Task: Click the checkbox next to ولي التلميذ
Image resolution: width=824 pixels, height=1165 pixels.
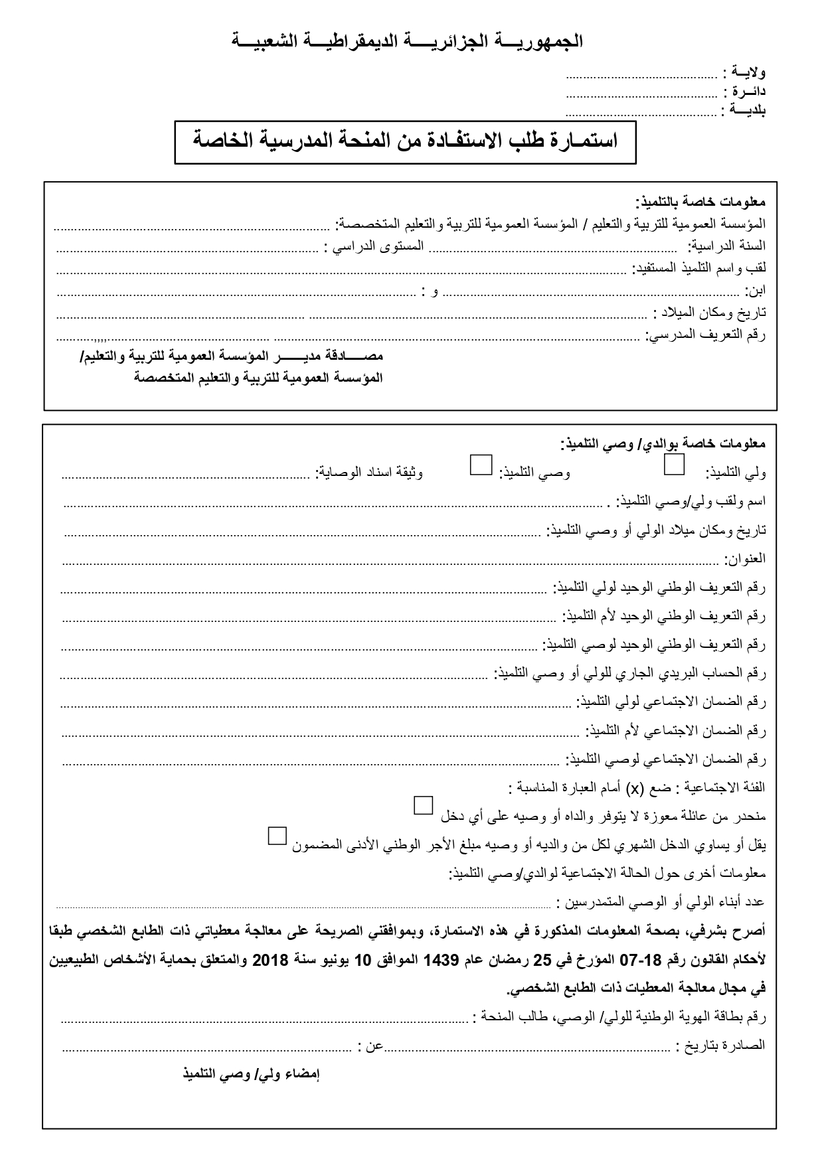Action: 675,464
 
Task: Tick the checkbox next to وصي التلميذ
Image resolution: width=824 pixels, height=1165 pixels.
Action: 480,464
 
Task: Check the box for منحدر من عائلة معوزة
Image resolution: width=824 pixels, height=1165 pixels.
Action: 423,805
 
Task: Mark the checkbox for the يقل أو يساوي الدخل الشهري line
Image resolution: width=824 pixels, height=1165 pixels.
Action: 277,835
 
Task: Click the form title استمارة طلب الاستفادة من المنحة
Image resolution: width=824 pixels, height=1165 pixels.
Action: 405,141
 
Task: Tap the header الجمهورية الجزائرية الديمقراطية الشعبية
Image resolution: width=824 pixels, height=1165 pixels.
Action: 407,41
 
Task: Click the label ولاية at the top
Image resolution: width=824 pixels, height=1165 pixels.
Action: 748,71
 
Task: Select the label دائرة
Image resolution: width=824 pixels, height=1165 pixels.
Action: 748,91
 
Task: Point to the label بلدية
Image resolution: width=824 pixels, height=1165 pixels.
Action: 748,110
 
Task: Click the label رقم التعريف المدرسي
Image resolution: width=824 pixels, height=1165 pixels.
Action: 706,334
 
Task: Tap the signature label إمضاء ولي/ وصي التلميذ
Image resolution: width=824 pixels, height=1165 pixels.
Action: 252,1074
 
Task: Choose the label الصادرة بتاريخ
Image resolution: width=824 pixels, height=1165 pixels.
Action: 722,1046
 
